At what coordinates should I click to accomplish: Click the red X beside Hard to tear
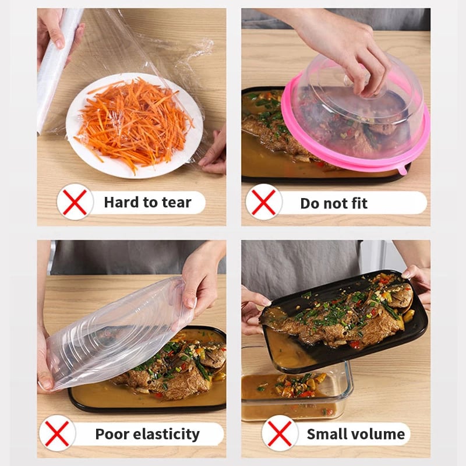pos(75,202)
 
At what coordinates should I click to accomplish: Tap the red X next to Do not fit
pos(263,202)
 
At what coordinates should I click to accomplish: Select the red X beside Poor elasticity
pos(57,433)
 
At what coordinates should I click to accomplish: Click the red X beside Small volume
pos(280,433)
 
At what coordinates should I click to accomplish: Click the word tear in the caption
pos(176,203)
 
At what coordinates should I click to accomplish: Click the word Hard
pos(122,203)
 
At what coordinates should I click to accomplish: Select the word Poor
pos(112,434)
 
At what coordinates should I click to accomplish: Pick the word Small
pos(326,434)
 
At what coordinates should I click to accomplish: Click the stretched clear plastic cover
pos(116,332)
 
